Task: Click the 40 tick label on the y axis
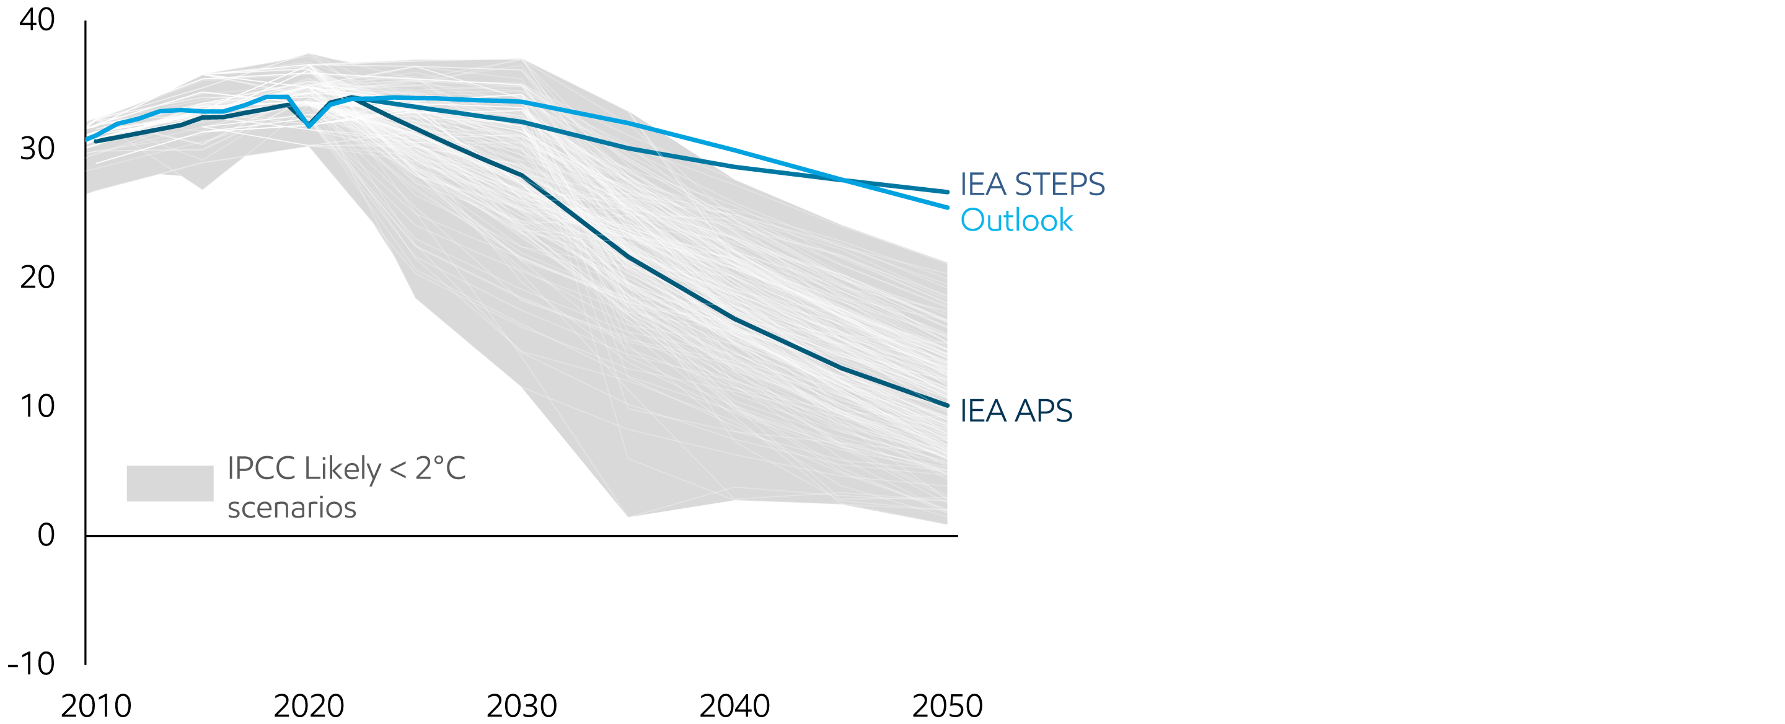37,20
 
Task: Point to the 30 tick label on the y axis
37,149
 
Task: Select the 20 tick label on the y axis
37,278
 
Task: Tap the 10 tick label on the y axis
37,407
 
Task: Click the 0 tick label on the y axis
46,535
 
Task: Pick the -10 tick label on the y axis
31,664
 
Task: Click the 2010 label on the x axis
95,706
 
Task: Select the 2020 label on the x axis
309,706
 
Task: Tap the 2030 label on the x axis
521,706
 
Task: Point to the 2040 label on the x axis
734,706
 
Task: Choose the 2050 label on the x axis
946,706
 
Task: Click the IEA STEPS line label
1032,184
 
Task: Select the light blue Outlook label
1016,220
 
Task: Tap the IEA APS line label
1016,411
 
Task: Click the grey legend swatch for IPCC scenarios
170,483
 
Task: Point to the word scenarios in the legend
292,508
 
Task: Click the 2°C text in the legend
440,469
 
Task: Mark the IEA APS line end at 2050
946,405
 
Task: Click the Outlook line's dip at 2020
309,125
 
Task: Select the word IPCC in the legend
261,469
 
